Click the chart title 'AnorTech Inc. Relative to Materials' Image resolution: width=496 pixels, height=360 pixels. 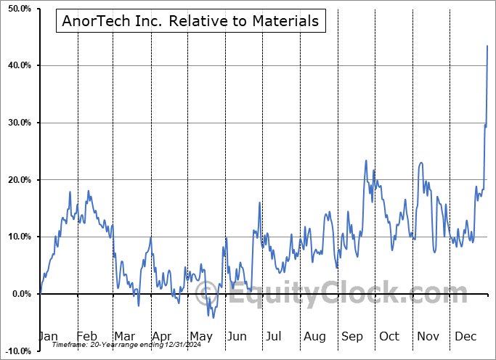[191, 21]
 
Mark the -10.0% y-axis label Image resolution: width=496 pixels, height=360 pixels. [17, 351]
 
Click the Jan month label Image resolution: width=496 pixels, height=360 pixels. [48, 336]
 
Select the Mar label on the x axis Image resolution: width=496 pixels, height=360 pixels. [125, 336]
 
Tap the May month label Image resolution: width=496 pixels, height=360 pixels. [200, 336]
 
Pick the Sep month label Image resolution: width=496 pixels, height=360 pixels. [352, 336]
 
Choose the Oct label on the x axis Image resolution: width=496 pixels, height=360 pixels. [389, 336]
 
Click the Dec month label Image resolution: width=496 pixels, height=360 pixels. [465, 336]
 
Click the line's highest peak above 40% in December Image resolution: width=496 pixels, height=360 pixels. [487, 46]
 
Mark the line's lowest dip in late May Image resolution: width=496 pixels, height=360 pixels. [213, 317]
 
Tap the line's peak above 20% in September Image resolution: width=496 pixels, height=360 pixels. [366, 160]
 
